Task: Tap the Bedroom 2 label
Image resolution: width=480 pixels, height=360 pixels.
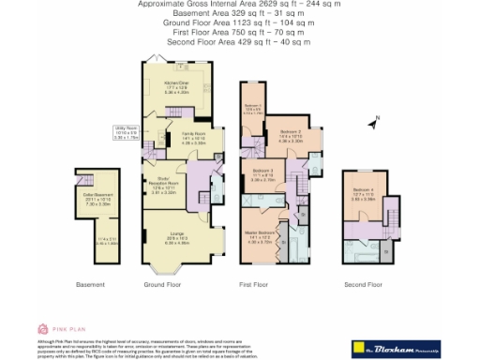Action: click(x=290, y=137)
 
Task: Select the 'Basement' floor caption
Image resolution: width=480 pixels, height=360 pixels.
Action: click(x=90, y=284)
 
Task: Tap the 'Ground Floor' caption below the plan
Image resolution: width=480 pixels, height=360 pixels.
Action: click(x=178, y=284)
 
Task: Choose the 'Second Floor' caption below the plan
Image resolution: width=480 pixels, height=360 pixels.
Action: click(x=362, y=284)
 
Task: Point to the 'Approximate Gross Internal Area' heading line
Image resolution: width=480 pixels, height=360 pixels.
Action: click(x=240, y=5)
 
